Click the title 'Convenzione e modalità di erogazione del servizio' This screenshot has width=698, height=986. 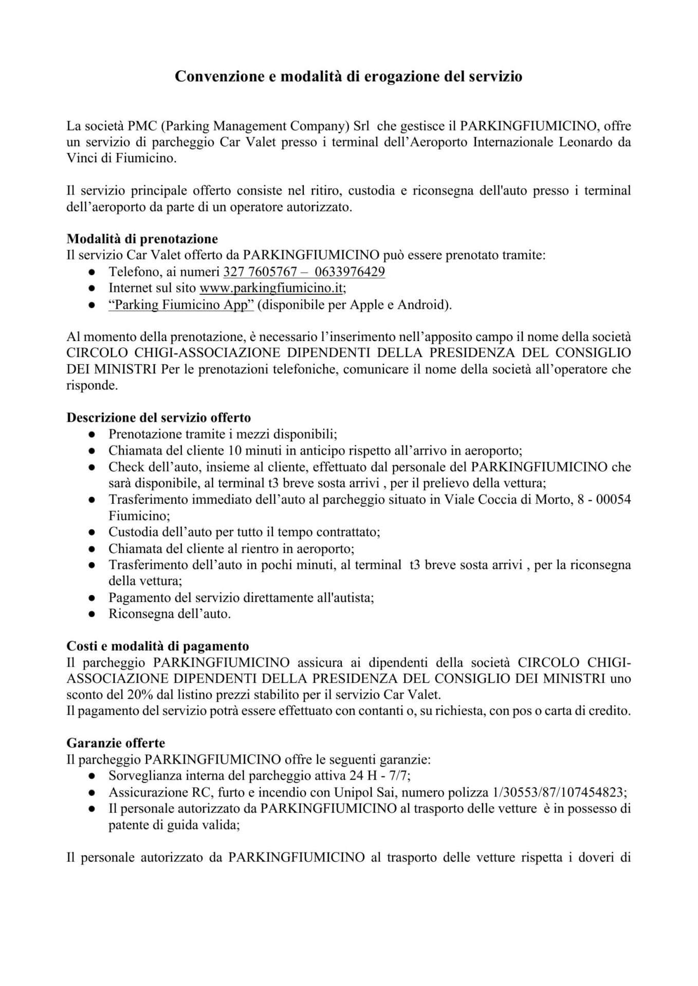(x=348, y=77)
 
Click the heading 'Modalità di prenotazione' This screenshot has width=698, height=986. (x=142, y=239)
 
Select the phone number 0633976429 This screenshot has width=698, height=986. (x=349, y=272)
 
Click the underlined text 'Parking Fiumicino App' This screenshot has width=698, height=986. (x=181, y=305)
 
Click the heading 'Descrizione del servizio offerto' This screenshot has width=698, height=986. (x=158, y=418)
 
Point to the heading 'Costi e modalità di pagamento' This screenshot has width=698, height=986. (x=157, y=646)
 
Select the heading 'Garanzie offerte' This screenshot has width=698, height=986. (x=116, y=743)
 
